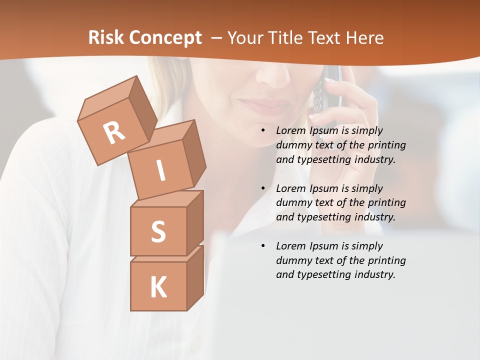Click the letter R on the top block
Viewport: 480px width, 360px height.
(114, 132)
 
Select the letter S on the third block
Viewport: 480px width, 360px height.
(158, 231)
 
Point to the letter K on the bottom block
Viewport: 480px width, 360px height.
(158, 287)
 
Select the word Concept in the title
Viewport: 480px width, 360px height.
(164, 38)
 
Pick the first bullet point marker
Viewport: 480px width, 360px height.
(263, 131)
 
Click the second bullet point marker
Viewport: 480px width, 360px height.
(263, 188)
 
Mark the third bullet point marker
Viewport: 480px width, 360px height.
(263, 246)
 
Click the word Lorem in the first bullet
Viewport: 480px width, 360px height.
(291, 130)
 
